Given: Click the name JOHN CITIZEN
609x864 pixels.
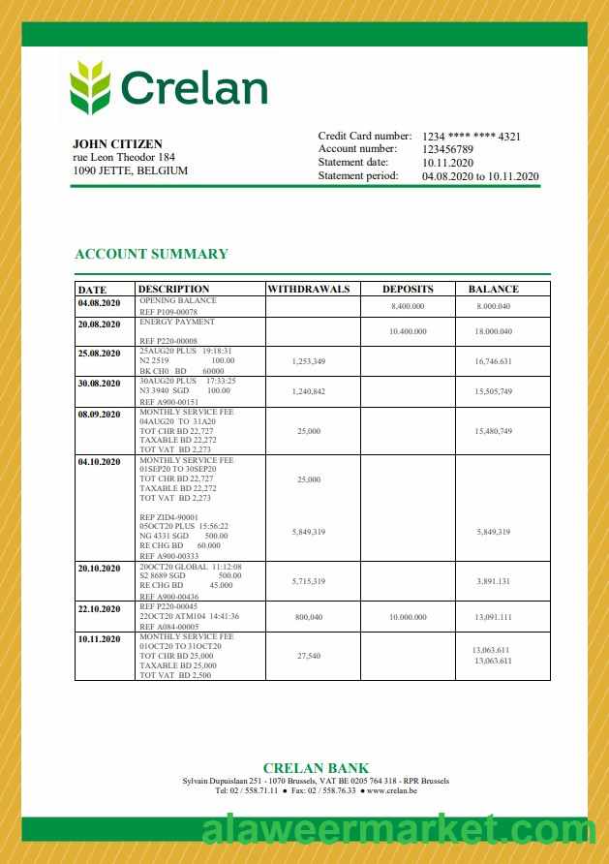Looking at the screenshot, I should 117,144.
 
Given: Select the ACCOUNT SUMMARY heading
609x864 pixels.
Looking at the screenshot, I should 151,254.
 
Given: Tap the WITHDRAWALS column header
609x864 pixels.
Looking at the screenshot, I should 308,289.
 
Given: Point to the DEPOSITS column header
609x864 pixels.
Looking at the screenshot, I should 408,289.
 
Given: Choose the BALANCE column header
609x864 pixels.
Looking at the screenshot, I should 493,289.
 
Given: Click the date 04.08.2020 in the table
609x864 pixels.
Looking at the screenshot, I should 100,304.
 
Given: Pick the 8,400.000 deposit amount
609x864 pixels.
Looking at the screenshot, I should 408,306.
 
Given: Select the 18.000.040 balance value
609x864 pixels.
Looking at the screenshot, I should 493,331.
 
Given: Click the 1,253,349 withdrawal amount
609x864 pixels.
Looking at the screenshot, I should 308,361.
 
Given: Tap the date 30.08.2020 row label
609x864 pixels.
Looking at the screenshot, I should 100,384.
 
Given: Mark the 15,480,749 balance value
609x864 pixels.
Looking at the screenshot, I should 493,431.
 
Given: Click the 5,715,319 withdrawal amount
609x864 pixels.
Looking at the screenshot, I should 308,581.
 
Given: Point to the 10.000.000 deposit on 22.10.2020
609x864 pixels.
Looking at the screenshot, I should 408,617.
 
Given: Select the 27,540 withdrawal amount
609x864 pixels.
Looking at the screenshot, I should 308,656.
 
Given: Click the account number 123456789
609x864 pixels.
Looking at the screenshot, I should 447,149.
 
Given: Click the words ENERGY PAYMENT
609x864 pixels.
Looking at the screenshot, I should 177,322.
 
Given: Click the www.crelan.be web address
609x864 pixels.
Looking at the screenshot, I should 391,790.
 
